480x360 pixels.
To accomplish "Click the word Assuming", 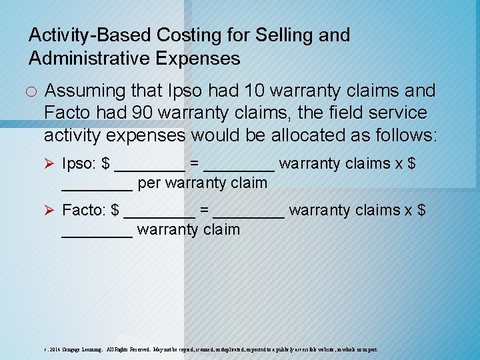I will pyautogui.click(x=85, y=91).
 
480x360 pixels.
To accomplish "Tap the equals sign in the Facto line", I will pyautogui.click(x=205, y=211).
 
